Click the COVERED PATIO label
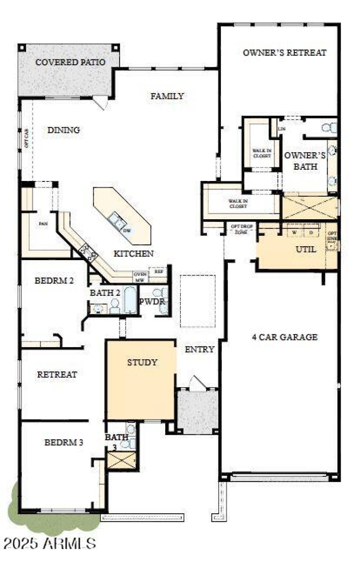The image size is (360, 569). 70,62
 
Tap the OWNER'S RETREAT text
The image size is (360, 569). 284,53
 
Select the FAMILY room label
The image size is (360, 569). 167,96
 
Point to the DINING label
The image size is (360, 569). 63,130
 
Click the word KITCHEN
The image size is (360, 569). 134,254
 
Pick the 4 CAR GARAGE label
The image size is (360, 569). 285,337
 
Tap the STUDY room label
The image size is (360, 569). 142,362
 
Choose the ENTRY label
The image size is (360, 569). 199,349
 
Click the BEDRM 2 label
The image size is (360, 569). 54,280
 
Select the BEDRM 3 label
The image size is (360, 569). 63,443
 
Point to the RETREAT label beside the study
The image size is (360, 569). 57,374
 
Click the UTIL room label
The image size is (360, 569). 306,249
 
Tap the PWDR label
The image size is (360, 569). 152,301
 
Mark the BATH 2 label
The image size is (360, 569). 105,293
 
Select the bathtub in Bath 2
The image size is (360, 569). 130,300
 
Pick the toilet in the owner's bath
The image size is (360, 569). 329,128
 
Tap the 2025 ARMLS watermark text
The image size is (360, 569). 49,543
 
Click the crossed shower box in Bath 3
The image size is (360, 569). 121,461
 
